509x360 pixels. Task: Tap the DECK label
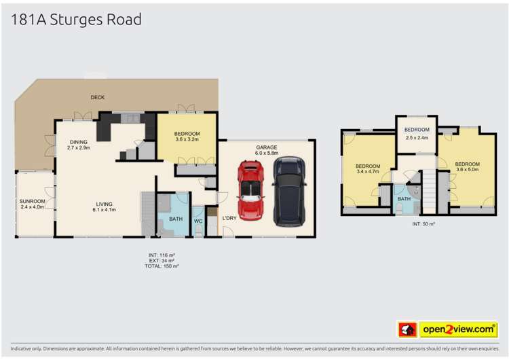coord(98,97)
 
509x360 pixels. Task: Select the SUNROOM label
coord(32,202)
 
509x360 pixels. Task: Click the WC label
coord(197,220)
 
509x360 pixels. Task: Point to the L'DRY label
coord(229,218)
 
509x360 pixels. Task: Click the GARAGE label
coord(267,147)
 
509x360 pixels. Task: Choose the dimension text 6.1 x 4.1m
coord(105,210)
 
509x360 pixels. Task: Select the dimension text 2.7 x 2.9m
coord(79,147)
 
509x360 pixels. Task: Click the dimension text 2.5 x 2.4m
coord(417,137)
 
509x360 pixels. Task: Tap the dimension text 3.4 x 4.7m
coord(368,172)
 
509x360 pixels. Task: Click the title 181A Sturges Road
coord(76,19)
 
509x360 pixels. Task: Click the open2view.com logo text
coord(458,329)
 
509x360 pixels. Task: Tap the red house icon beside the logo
coord(407,329)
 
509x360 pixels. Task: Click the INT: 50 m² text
coord(423,223)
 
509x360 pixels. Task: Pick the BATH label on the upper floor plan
coord(404,199)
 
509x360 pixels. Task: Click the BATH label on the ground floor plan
coord(176,219)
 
